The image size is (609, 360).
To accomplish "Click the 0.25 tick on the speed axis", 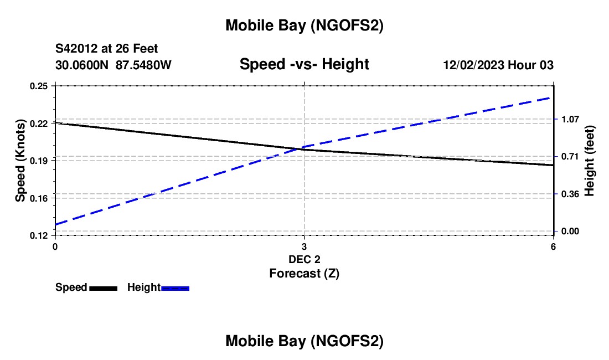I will click(40, 86).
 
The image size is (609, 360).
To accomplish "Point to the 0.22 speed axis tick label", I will click(40, 123).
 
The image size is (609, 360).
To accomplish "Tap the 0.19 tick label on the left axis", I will click(40, 161).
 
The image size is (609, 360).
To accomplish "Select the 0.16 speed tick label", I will click(40, 198).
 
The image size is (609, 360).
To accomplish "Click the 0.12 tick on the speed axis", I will click(40, 235).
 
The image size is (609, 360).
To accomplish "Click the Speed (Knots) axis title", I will click(20, 161).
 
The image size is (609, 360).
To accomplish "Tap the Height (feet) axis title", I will click(589, 161).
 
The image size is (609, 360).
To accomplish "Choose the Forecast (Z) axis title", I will click(304, 273).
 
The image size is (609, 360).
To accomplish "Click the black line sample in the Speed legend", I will click(103, 288).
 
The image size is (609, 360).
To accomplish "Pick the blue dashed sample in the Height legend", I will click(176, 288).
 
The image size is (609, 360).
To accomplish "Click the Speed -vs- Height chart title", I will click(304, 65).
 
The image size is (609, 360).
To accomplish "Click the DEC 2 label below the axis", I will click(304, 259).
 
